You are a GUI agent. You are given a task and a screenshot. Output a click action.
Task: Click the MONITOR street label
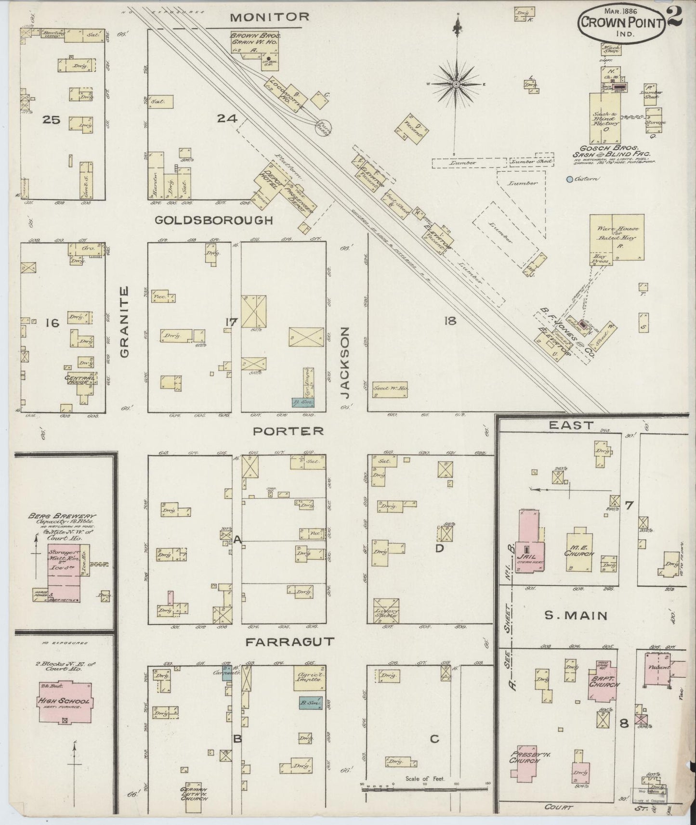(x=269, y=17)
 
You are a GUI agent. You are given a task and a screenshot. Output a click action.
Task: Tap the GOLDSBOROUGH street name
(x=214, y=220)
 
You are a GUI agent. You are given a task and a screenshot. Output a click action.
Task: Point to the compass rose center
(x=455, y=85)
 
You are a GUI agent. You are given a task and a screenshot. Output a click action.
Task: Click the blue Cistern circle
(x=570, y=180)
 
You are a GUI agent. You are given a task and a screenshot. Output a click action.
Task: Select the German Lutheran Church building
(x=194, y=795)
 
